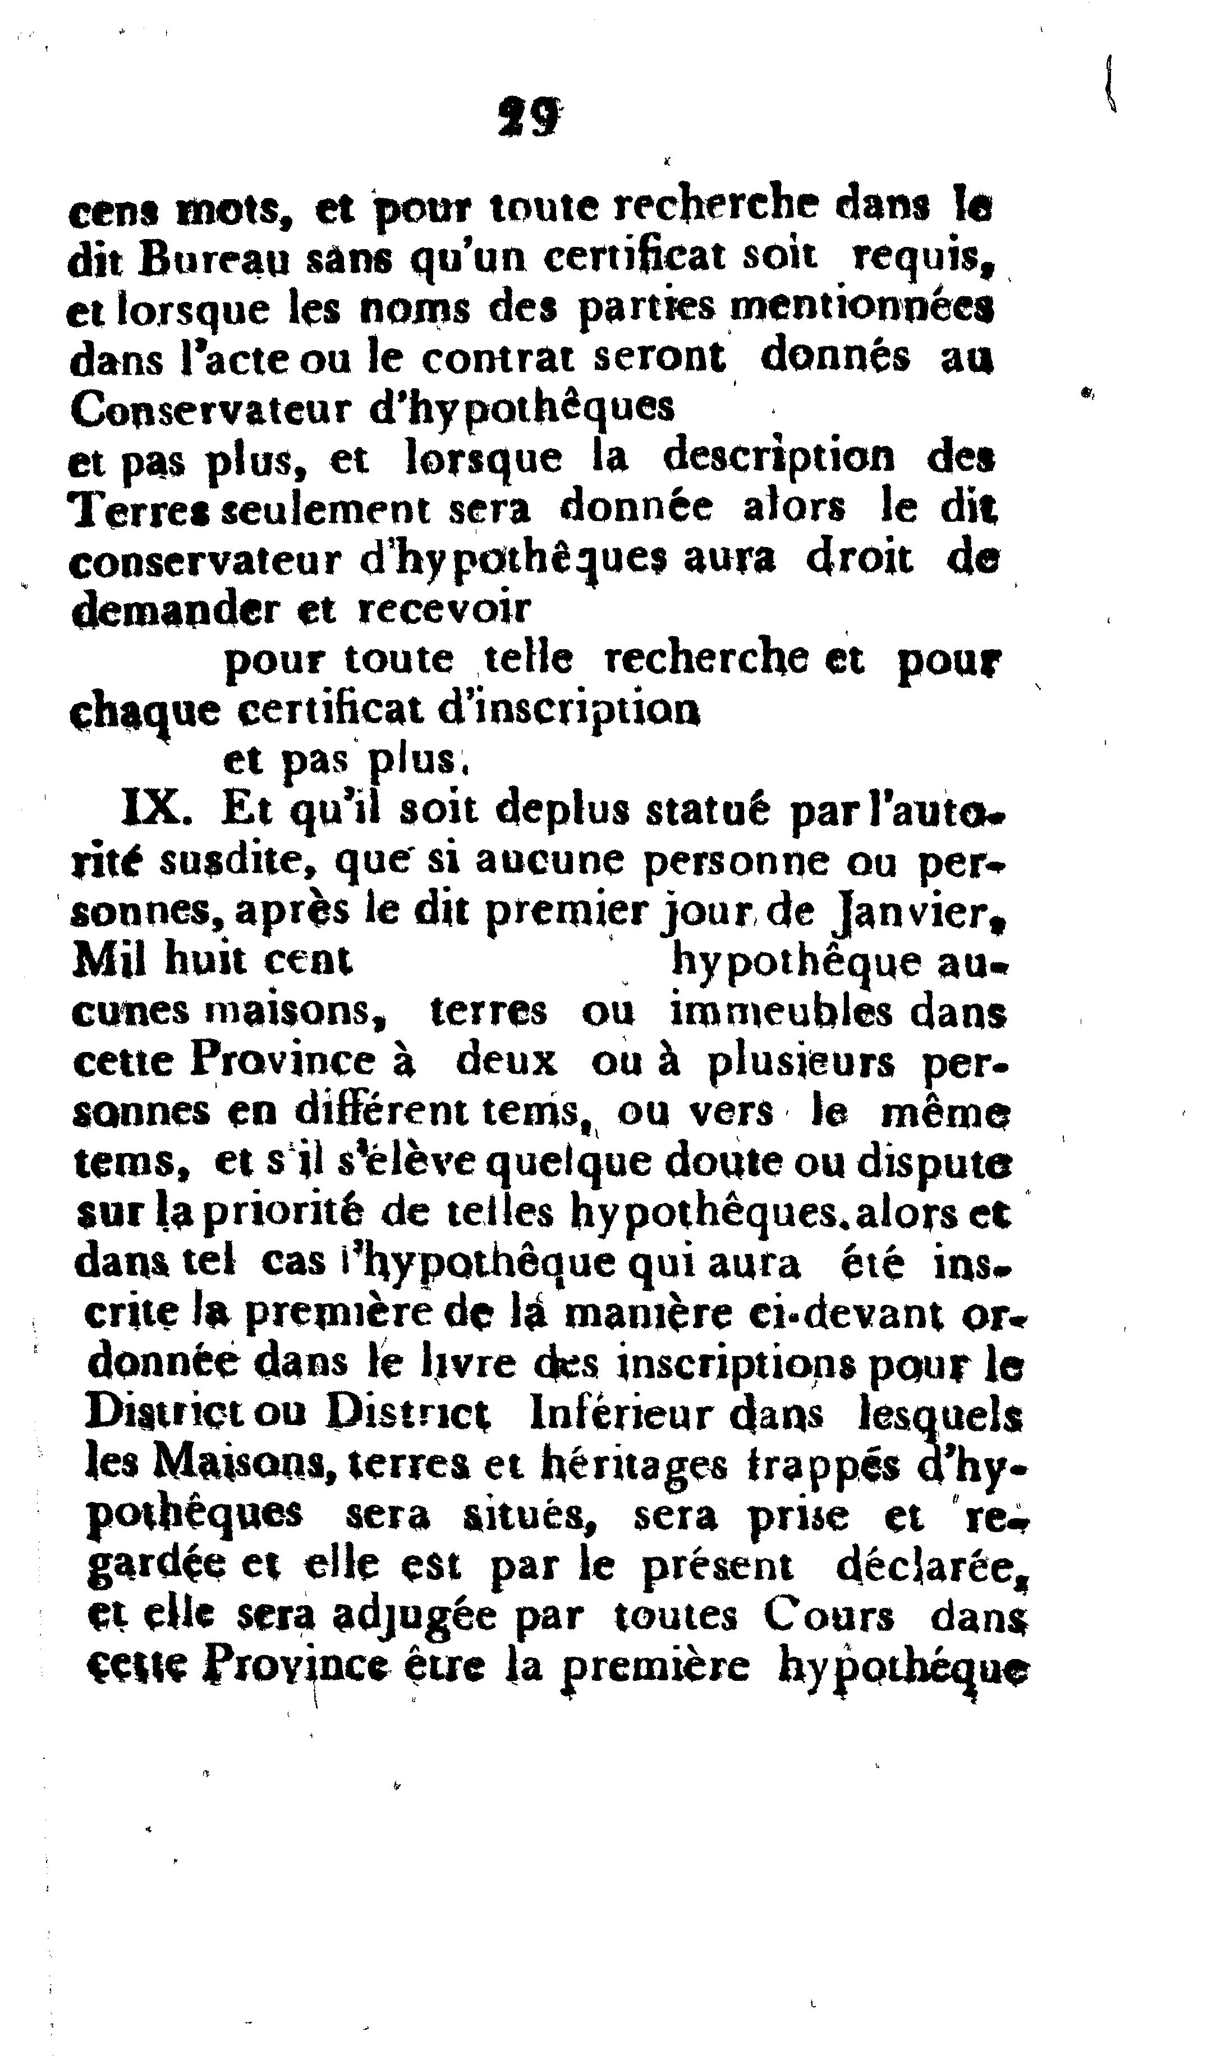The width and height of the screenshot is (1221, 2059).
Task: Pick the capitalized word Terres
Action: [143, 511]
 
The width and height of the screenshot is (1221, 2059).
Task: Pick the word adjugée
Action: [414, 1616]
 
